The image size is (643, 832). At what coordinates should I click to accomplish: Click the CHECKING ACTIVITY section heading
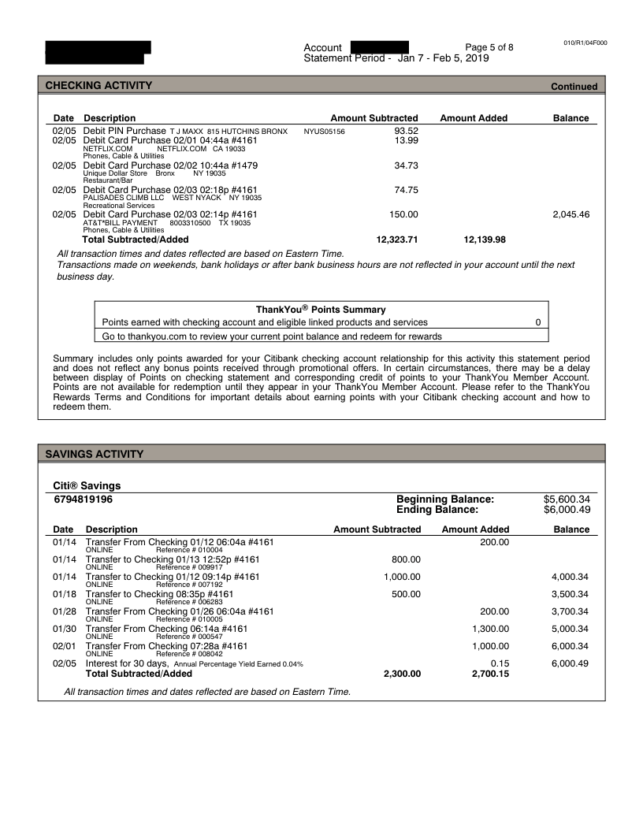tap(98, 86)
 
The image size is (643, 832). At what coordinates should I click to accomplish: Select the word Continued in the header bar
tap(574, 87)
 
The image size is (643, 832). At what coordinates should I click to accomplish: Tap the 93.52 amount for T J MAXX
tap(406, 131)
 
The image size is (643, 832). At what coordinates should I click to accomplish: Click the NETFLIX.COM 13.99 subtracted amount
tap(406, 140)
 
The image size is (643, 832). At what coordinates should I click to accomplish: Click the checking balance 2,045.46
tap(571, 214)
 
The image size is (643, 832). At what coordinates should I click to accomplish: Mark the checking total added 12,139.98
tap(485, 240)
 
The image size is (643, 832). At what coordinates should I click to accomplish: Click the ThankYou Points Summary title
tap(321, 310)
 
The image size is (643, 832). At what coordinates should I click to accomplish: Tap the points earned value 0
tap(537, 322)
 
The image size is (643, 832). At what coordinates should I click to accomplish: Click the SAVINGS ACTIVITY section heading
tap(95, 454)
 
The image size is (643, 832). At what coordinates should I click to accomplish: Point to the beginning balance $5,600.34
tap(567, 500)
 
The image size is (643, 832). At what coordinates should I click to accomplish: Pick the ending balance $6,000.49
tap(567, 510)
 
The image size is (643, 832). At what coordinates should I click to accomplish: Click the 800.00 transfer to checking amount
tap(406, 559)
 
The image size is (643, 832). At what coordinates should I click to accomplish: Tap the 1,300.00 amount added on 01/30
tap(490, 629)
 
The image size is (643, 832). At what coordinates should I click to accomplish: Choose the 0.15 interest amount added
tap(500, 663)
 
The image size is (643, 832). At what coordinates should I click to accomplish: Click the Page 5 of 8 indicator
tap(489, 47)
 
